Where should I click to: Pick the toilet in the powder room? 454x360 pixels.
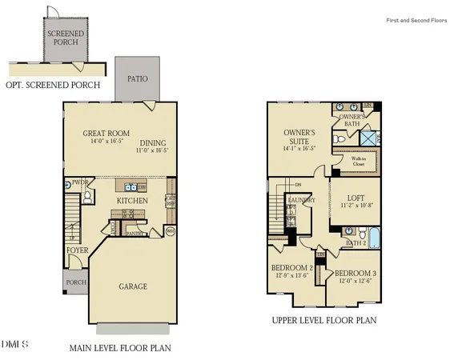(x=88, y=194)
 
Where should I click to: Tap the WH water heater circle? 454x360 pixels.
(x=170, y=231)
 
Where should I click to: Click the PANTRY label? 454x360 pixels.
(x=135, y=234)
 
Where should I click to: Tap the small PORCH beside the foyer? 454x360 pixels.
(x=74, y=282)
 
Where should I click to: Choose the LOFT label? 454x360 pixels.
(x=356, y=198)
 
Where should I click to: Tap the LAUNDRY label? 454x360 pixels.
(x=302, y=200)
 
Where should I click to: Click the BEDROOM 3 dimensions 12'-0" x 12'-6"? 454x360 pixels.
(x=355, y=281)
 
